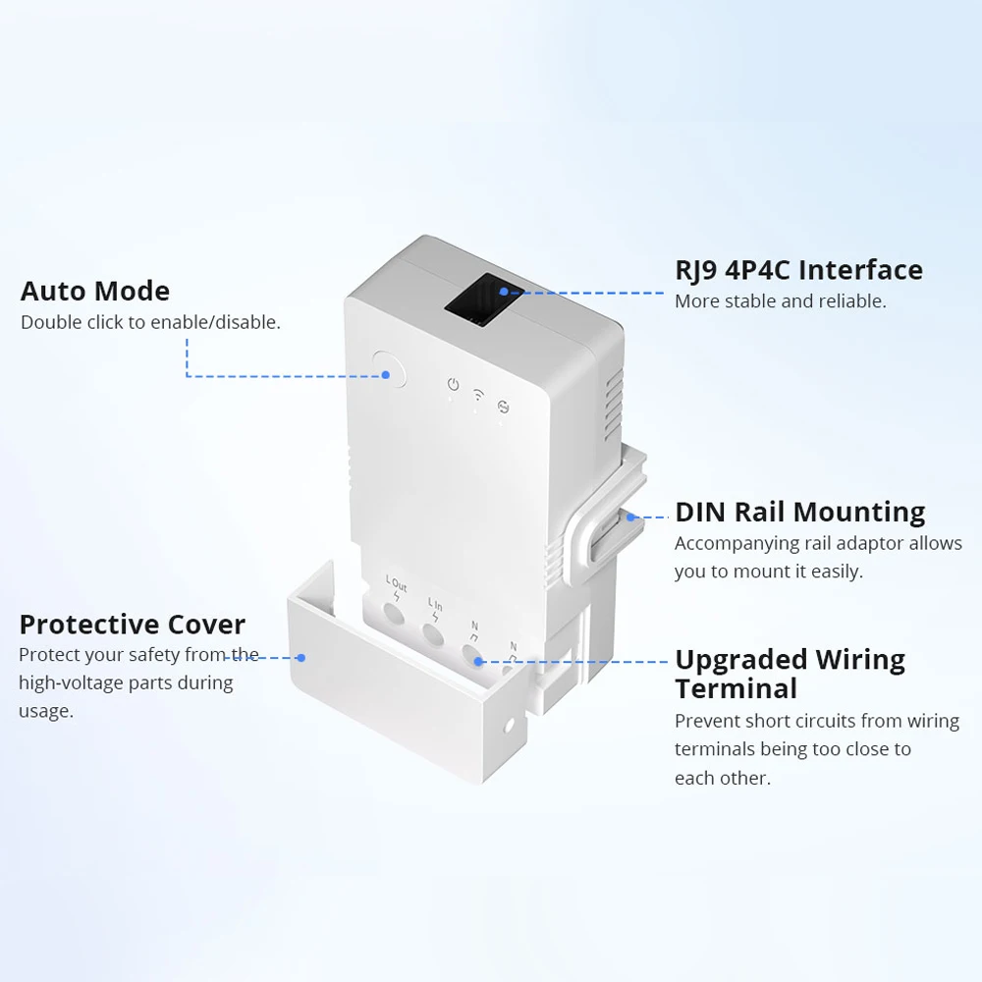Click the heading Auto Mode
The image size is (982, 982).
[x=94, y=291]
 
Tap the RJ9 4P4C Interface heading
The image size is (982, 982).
[x=798, y=270]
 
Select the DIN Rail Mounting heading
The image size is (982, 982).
[x=799, y=512]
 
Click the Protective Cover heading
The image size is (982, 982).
[x=132, y=625]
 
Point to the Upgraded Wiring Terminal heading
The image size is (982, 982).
[x=790, y=673]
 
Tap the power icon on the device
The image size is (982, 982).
[x=453, y=385]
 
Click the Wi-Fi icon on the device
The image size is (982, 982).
[x=478, y=395]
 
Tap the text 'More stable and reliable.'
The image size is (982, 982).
[x=780, y=301]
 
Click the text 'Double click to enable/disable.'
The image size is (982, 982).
[x=150, y=322]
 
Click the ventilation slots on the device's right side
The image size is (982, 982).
[x=614, y=403]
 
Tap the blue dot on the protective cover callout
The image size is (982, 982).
[x=301, y=658]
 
